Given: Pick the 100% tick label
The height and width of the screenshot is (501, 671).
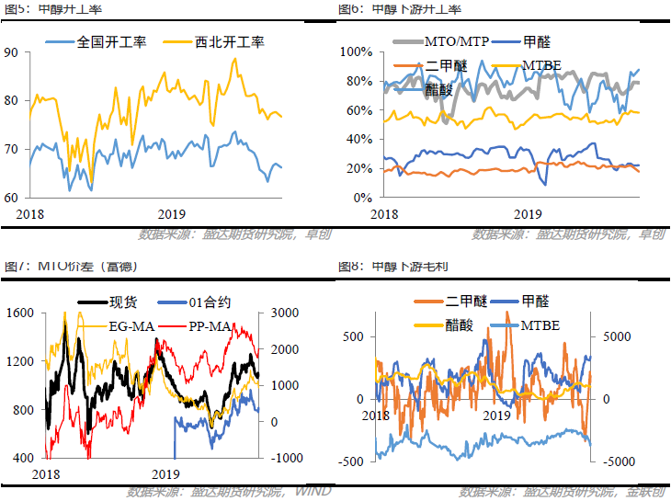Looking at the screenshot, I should pyautogui.click(x=354, y=51).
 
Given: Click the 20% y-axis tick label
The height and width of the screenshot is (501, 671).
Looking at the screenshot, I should pyautogui.click(x=357, y=169).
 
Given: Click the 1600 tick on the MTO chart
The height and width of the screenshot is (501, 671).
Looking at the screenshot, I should pyautogui.click(x=18, y=313).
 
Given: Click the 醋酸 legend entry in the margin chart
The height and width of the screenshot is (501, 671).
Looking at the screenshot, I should pyautogui.click(x=457, y=325).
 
